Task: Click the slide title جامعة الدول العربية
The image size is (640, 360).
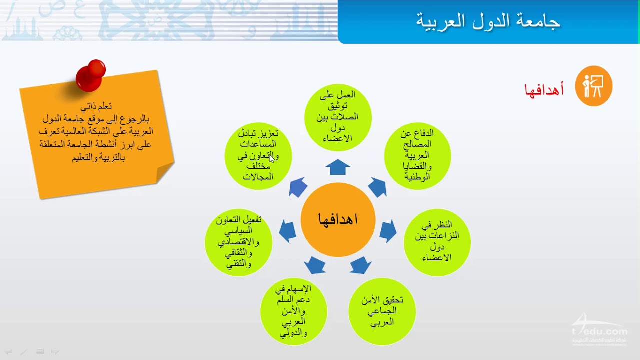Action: click(488, 21)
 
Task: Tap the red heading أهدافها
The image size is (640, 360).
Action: click(544, 89)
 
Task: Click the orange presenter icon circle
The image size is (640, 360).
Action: click(593, 86)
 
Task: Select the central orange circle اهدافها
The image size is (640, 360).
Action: click(338, 219)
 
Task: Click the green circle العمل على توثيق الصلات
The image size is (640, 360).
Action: click(338, 117)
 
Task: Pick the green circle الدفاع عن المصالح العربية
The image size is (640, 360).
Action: click(417, 156)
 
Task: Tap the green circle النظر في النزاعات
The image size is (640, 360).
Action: click(437, 242)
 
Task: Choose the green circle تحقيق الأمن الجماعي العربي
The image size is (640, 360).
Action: click(382, 311)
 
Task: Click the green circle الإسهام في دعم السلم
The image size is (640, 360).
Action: click(293, 311)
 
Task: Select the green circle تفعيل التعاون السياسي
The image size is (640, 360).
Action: click(238, 242)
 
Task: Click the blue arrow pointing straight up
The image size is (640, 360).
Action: click(338, 167)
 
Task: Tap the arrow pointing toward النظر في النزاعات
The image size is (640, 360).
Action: click(388, 231)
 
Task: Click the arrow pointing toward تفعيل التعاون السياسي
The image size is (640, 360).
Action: click(287, 231)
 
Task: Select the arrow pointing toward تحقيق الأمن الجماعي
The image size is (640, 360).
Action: click(360, 265)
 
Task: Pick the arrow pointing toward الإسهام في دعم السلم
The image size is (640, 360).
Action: click(315, 265)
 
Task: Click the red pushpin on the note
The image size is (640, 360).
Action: click(91, 75)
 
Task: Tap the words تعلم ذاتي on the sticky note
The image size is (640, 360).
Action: click(96, 107)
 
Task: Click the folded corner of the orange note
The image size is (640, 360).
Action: click(165, 173)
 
